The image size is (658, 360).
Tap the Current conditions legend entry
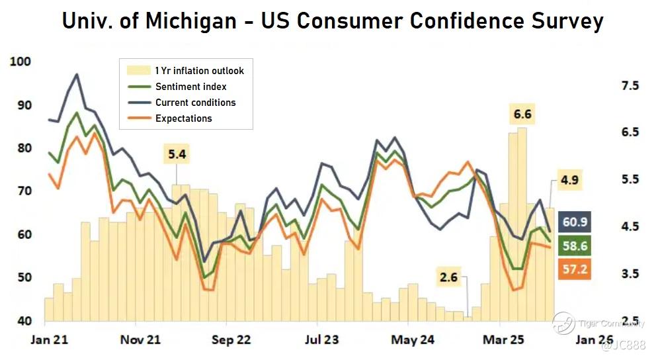click(195, 103)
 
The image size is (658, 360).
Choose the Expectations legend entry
click(183, 118)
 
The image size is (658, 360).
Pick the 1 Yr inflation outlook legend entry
click(199, 71)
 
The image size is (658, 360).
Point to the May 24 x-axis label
click(413, 340)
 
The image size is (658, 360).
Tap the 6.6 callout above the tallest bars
click(522, 115)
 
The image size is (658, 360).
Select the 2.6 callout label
click(448, 277)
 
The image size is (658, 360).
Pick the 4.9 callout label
click(569, 180)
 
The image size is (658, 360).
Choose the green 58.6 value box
click(574, 246)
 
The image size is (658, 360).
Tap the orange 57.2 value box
click(574, 269)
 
